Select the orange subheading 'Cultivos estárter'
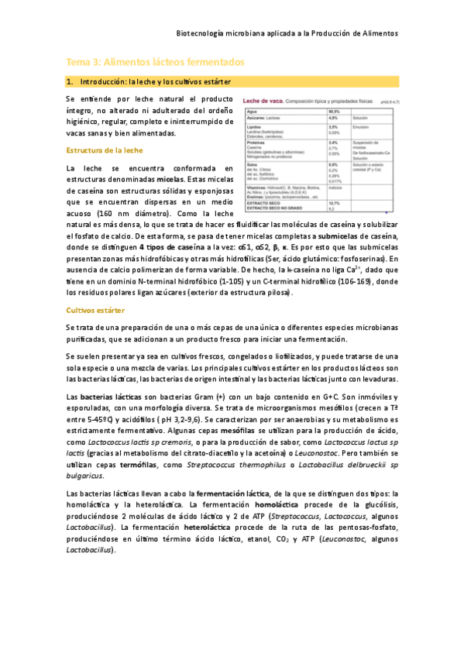[x=95, y=310]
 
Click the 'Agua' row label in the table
[x=253, y=112]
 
